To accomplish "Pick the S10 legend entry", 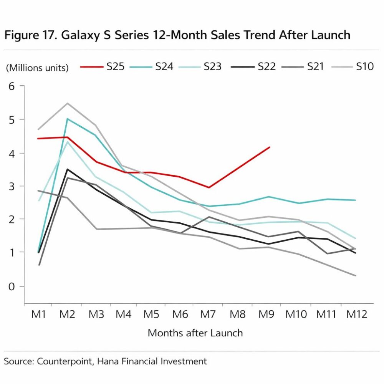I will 364,67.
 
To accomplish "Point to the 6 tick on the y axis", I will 11,86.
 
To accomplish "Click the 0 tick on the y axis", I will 11,286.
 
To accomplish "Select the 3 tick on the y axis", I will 11,186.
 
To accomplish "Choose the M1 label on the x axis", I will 38,314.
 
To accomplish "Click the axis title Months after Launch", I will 195,333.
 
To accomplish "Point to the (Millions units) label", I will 37,68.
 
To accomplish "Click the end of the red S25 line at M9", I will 270,147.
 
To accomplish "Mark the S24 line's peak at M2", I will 67,119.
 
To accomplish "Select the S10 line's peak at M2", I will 67,103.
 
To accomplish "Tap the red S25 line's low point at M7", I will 209,187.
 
